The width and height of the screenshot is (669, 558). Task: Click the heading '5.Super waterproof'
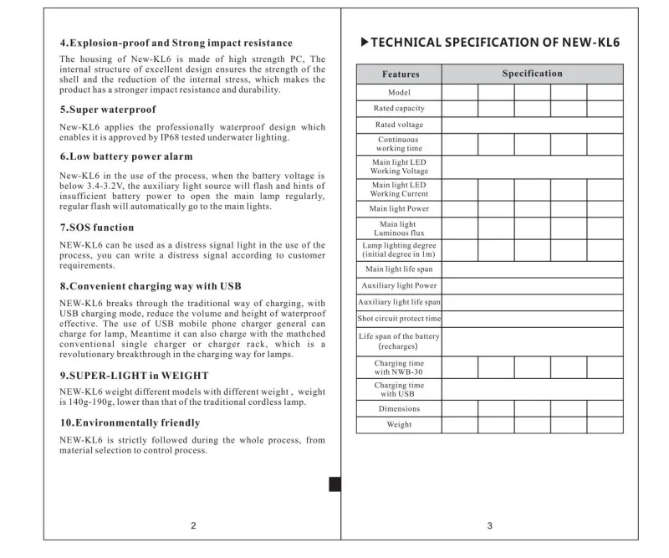(x=108, y=110)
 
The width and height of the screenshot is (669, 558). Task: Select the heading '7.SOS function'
(x=97, y=228)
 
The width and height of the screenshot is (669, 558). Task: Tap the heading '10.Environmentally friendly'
(x=130, y=422)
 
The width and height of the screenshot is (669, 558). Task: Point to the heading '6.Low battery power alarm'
(x=126, y=156)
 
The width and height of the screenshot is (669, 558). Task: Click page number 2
(x=193, y=525)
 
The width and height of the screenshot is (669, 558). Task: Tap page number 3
(x=490, y=525)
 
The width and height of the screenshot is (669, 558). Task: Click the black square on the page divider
(x=334, y=484)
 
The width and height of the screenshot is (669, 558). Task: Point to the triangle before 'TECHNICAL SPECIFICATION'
(x=363, y=42)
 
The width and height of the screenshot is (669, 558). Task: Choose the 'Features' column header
(x=399, y=74)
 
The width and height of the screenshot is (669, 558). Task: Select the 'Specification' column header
(x=532, y=74)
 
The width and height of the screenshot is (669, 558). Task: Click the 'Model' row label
(x=399, y=92)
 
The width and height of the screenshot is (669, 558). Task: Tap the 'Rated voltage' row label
(x=399, y=125)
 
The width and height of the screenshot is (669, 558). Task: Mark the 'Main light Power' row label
(x=399, y=208)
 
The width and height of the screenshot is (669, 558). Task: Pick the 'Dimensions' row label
(x=399, y=409)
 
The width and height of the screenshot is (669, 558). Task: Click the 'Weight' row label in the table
(x=399, y=425)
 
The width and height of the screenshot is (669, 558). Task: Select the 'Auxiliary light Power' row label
(x=399, y=285)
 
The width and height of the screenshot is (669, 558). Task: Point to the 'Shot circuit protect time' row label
(x=399, y=319)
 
